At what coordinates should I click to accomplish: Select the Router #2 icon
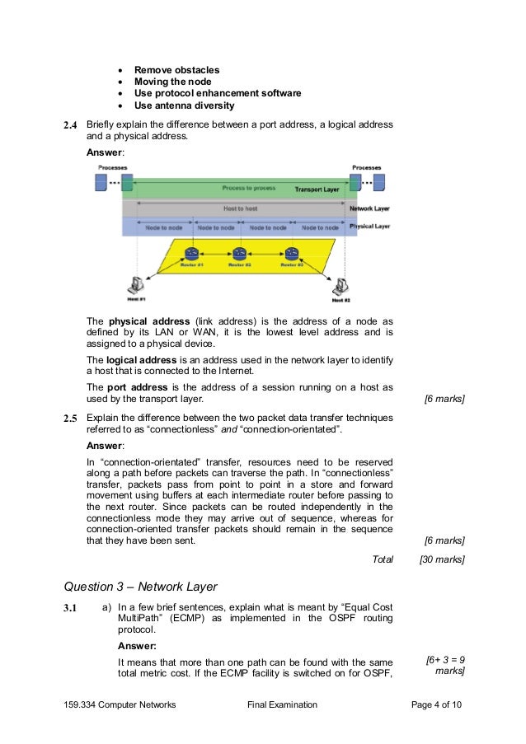pyautogui.click(x=240, y=255)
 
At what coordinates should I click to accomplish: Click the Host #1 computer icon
pyautogui.click(x=131, y=287)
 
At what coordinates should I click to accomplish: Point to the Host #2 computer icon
pyautogui.click(x=340, y=286)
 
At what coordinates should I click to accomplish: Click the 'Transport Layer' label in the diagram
pyautogui.click(x=317, y=190)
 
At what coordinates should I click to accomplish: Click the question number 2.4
pyautogui.click(x=71, y=126)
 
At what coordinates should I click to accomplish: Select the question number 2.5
pyautogui.click(x=71, y=418)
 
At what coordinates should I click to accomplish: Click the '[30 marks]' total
pyautogui.click(x=442, y=559)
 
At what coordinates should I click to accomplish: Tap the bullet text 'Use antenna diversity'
pyautogui.click(x=184, y=105)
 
